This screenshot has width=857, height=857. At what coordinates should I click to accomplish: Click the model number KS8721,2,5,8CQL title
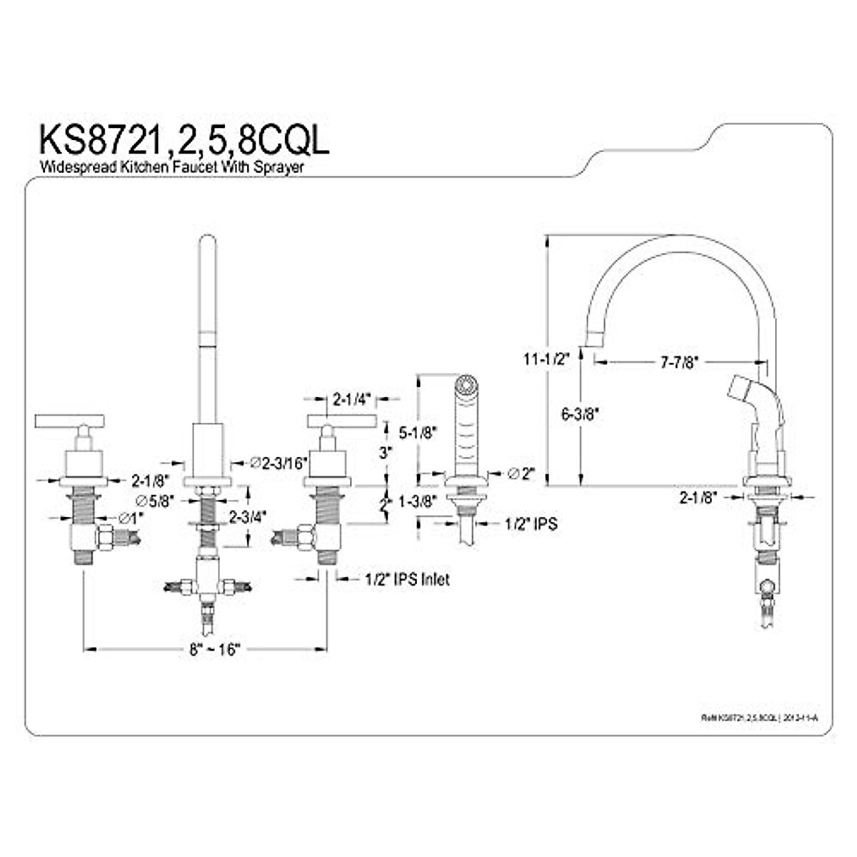pos(184,140)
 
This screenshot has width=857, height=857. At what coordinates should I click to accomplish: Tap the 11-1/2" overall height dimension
pos(545,359)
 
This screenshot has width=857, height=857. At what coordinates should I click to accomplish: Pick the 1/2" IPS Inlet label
pos(404,579)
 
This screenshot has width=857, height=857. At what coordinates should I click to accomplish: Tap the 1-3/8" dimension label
pos(417,502)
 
